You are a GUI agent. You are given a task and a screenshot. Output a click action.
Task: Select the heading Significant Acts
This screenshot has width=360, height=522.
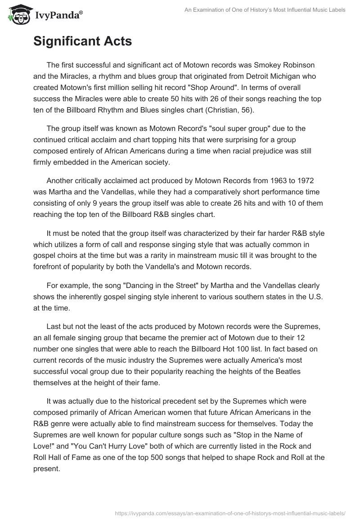[82, 41]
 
